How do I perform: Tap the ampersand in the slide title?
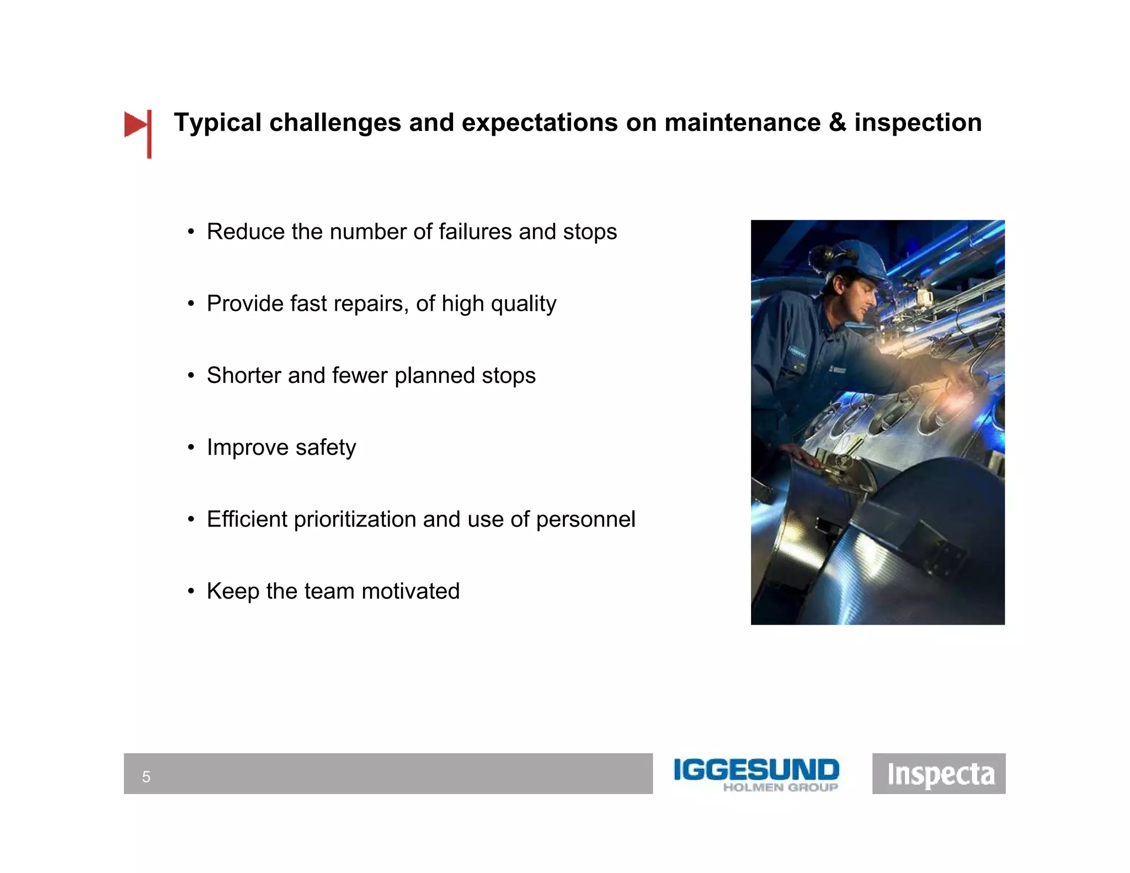click(x=837, y=123)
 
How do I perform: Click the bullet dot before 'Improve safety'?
click(x=191, y=448)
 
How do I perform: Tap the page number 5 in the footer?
click(x=146, y=777)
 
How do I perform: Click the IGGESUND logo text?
click(x=756, y=770)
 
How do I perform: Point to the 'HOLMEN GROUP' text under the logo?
click(x=780, y=788)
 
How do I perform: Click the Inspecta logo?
click(x=939, y=774)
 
